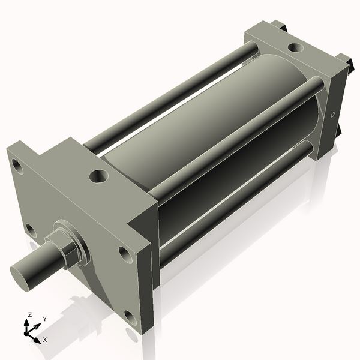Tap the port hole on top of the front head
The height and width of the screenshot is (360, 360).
coord(98,176)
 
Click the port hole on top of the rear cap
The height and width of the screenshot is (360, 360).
coord(295,47)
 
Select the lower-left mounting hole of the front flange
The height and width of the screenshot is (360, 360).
coord(30,229)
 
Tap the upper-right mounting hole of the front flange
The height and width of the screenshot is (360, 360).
coord(124,254)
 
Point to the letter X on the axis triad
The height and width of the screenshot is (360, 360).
coord(45,340)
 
